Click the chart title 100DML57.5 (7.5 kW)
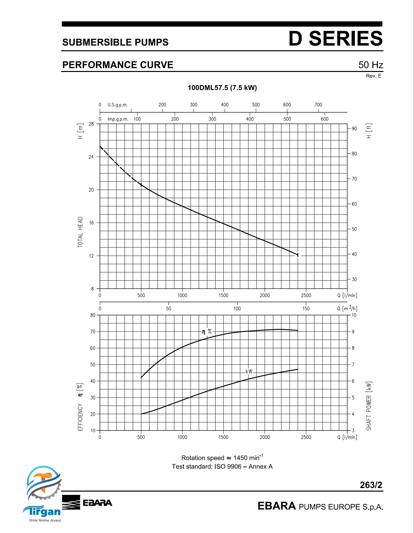point(222,88)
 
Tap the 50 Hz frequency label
point(371,65)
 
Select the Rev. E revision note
point(374,76)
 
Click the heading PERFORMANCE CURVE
point(118,65)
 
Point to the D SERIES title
point(335,38)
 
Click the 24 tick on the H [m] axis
point(91,157)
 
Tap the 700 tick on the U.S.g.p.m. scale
point(318,105)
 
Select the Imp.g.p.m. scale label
point(118,119)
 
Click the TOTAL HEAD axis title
point(80,232)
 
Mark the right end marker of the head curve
point(298,255)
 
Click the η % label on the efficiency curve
point(207,332)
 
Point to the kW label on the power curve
point(249,372)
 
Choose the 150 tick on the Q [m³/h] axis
point(306,309)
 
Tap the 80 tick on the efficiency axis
point(93,315)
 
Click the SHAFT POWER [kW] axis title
point(369,406)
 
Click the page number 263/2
point(371,485)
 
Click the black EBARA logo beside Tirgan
point(87,502)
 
